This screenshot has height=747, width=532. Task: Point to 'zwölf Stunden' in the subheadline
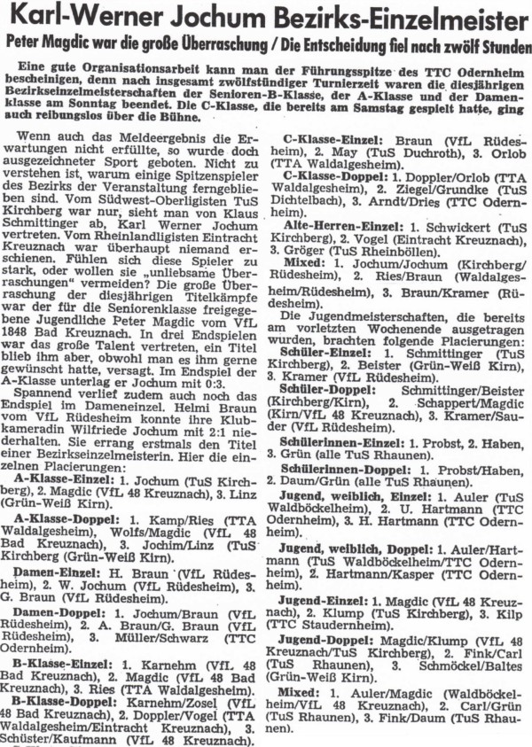[x=482, y=44]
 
